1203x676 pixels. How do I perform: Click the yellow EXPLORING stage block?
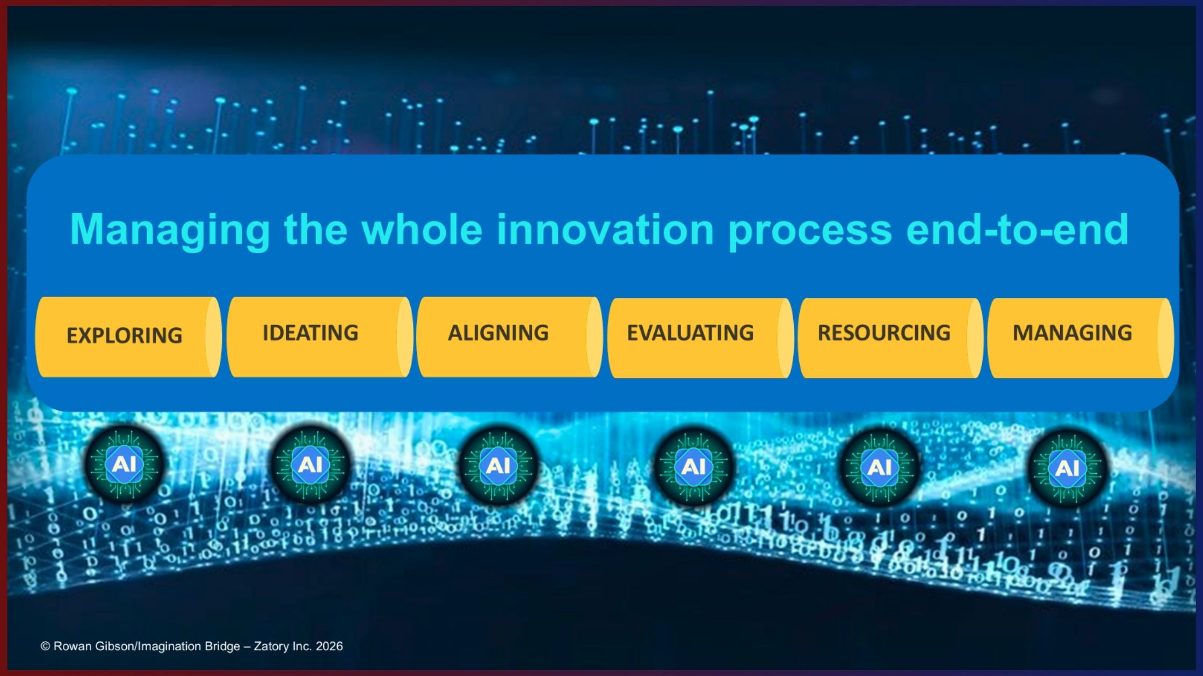[128, 337]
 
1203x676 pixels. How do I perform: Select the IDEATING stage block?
[320, 337]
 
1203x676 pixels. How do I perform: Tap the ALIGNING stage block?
[509, 337]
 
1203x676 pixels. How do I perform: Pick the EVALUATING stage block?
[700, 338]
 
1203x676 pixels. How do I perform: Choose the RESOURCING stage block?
[890, 338]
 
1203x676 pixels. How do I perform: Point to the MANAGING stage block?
[1081, 338]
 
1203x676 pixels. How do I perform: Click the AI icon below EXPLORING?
[124, 464]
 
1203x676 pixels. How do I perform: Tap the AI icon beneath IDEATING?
[310, 464]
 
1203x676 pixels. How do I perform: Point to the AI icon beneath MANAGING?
[1067, 468]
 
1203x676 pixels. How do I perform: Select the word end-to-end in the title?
[1017, 229]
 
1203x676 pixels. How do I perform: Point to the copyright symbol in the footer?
[45, 646]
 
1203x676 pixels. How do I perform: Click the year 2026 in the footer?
[329, 646]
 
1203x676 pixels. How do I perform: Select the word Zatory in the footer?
[271, 647]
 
